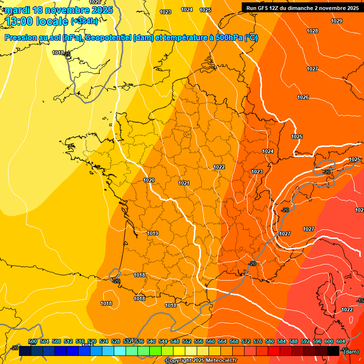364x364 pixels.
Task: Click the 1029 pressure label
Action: [x=337, y=21]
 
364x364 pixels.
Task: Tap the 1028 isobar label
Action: [x=312, y=31]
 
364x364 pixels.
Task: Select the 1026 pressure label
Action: [x=303, y=97]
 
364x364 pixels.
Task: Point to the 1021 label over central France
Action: [x=184, y=183]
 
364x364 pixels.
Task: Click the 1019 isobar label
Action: [x=153, y=233]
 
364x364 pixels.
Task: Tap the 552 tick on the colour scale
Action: [x=187, y=341]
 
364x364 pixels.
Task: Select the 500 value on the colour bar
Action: [x=33, y=341]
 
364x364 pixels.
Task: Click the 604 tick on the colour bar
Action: [x=341, y=341]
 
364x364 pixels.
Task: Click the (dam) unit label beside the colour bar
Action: [x=351, y=351]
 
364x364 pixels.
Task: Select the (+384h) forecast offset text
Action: [x=84, y=21]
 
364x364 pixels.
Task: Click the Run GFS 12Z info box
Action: [x=302, y=8]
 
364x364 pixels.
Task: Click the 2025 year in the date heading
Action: [x=102, y=10]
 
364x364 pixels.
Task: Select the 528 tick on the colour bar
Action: [x=116, y=341]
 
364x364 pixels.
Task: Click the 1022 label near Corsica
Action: [x=347, y=309]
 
